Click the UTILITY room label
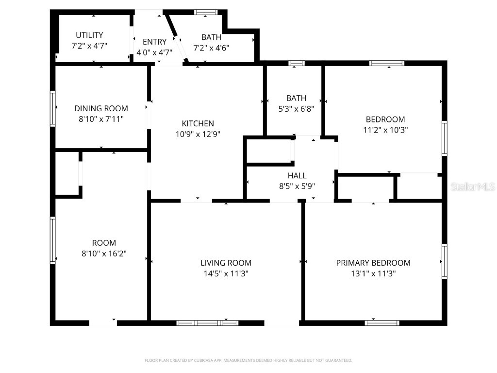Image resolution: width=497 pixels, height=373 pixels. pos(89,35)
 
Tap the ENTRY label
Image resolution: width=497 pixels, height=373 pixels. pos(154,42)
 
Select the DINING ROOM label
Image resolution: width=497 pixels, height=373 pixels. pos(101,108)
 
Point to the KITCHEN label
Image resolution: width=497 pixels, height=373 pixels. pos(198,123)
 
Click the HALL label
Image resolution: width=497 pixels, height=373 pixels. pos(297,175)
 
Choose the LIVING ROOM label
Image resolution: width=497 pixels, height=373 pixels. pos(226,263)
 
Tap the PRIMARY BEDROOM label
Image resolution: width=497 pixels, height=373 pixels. pos(373,263)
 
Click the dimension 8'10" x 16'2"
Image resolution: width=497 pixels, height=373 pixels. pos(104,254)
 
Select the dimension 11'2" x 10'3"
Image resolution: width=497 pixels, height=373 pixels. pos(385,130)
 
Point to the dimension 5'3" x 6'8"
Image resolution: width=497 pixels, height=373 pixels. pos(296,109)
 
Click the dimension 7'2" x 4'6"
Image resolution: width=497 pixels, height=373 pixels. pos(211,48)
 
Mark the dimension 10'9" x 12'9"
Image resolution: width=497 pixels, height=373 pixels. pos(198,134)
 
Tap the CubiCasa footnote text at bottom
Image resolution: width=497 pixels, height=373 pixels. pos(248,360)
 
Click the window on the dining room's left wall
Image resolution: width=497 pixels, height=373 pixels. pos(53,108)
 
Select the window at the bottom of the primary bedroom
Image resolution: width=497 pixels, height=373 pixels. pos(382,322)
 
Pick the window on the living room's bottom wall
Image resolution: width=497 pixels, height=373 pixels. pos(207,322)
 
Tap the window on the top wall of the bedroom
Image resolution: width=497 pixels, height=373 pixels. pos(386,63)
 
